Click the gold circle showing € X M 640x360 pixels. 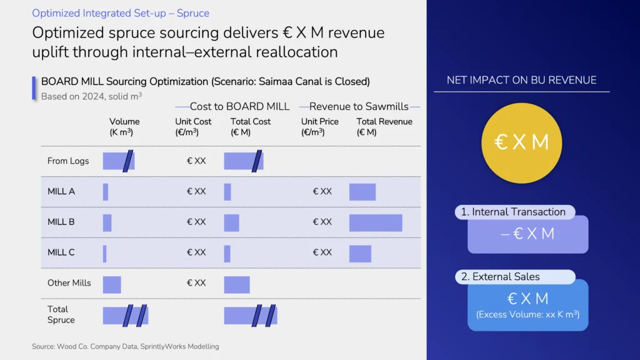(521, 142)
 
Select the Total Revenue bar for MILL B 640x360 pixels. (376, 222)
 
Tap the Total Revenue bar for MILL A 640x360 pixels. (362, 192)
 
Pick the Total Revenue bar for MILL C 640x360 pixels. (360, 253)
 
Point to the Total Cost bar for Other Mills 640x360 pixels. (237, 284)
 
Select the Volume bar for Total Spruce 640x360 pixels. (126, 316)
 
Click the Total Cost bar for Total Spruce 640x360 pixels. (251, 316)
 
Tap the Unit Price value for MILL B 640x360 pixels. (322, 222)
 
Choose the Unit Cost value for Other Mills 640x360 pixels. (196, 283)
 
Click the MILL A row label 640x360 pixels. (61, 191)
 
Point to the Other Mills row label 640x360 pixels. (69, 283)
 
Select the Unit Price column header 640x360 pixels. (320, 126)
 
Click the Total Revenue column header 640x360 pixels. (384, 126)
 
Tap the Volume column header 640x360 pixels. (124, 126)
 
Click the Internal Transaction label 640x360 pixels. (513, 212)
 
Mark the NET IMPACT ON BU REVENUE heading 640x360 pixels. (521, 80)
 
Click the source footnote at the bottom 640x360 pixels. (125, 346)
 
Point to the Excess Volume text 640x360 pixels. (527, 314)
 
